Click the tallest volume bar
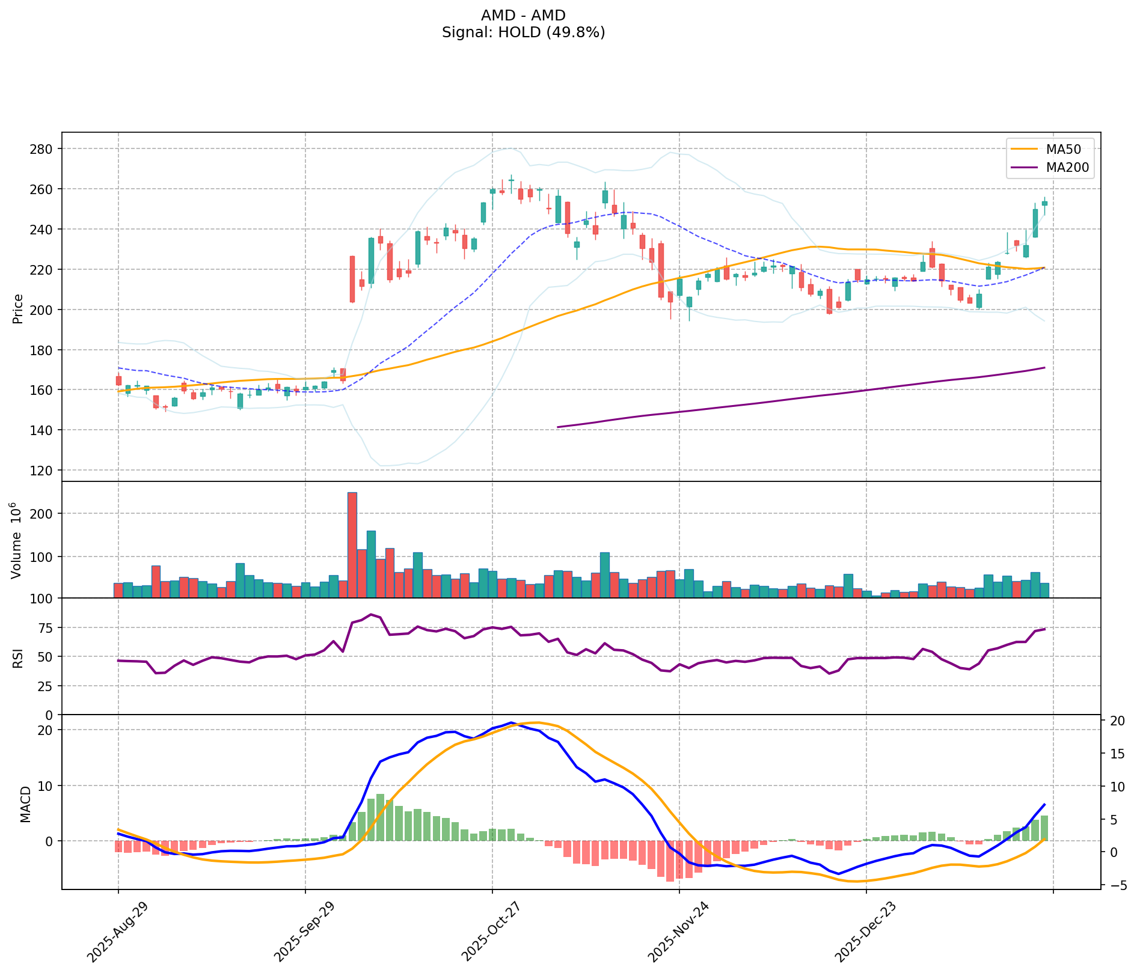pos(352,544)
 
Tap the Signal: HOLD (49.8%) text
pos(523,32)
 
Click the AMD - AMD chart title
pos(523,15)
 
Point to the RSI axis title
pos(18,657)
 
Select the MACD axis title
pos(25,804)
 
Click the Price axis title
pos(18,308)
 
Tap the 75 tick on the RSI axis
pos(46,628)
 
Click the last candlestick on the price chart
pos(1044,203)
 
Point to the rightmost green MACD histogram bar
pos(1044,828)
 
